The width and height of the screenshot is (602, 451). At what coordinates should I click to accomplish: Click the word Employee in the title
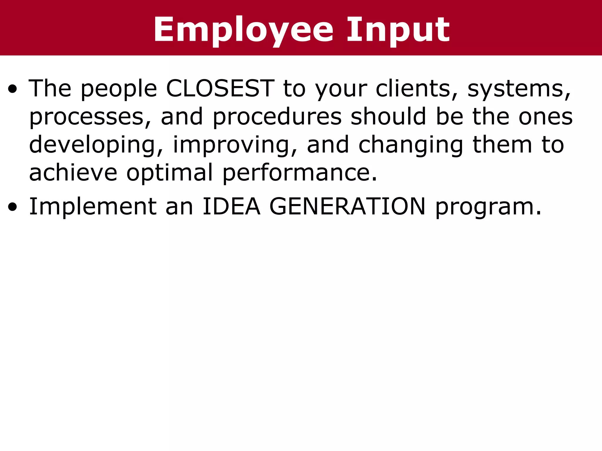243,30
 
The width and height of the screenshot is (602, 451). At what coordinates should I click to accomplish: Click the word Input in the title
398,30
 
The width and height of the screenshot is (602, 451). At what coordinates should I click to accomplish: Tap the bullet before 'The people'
13,89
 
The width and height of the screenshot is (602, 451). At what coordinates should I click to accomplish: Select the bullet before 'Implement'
13,207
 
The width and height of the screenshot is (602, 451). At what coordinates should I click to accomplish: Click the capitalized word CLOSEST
220,88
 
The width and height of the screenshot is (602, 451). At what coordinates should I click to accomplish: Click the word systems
519,88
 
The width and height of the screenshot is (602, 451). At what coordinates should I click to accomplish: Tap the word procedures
277,117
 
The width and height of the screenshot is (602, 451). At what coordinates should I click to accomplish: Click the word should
388,117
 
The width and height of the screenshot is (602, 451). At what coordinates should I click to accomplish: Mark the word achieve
73,173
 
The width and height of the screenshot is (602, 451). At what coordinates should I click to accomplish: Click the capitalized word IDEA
231,206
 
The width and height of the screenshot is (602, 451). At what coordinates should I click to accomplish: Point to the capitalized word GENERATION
347,206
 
